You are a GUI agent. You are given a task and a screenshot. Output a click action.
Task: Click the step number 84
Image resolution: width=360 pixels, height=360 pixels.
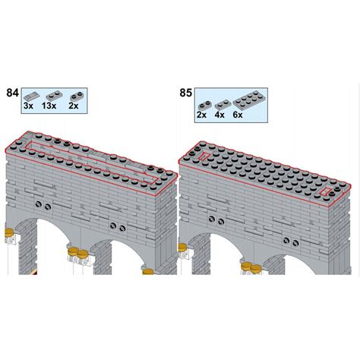pyautogui.click(x=12, y=93)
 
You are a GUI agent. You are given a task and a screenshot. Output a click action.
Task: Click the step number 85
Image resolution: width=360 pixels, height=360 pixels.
pyautogui.click(x=186, y=93)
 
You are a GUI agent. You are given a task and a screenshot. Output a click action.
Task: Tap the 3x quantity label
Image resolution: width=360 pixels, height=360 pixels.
pyautogui.click(x=28, y=106)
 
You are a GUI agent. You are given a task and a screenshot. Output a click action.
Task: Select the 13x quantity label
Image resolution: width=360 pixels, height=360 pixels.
pyautogui.click(x=49, y=106)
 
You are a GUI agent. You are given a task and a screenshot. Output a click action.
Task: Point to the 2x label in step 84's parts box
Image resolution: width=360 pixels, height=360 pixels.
pyautogui.click(x=74, y=106)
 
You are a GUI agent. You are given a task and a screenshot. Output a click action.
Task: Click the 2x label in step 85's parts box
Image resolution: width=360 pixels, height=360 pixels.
pyautogui.click(x=201, y=115)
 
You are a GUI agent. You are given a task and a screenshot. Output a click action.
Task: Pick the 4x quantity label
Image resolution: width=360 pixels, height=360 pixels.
pyautogui.click(x=219, y=115)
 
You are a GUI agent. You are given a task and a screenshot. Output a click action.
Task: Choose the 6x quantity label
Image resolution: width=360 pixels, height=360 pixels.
pyautogui.click(x=238, y=115)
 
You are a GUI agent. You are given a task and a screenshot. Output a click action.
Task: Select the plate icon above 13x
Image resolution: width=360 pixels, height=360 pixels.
pyautogui.click(x=54, y=95)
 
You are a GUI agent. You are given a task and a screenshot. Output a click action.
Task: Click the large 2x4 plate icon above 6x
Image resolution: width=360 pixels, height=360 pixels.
pyautogui.click(x=248, y=100)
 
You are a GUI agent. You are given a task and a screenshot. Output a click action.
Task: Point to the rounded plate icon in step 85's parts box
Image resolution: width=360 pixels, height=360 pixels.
pyautogui.click(x=204, y=105)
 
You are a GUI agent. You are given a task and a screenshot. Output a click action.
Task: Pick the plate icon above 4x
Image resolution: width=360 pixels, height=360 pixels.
pyautogui.click(x=223, y=104)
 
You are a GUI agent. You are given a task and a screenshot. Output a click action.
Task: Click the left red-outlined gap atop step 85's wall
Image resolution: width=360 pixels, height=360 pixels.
pyautogui.click(x=204, y=156)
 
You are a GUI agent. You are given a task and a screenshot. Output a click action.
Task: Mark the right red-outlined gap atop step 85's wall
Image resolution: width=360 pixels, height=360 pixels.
pyautogui.click(x=325, y=192)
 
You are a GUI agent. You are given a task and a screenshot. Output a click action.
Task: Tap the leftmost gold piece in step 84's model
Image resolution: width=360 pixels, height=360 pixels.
pyautogui.click(x=9, y=232)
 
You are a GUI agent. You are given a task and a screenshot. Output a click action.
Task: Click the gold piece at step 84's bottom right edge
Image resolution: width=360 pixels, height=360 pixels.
pyautogui.click(x=148, y=272)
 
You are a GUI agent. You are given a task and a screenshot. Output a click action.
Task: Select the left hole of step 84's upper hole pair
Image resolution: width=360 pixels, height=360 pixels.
pyautogui.click(x=39, y=204)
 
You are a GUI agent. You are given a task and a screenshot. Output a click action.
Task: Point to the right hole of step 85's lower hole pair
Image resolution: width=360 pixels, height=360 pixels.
pyautogui.click(x=295, y=244)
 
